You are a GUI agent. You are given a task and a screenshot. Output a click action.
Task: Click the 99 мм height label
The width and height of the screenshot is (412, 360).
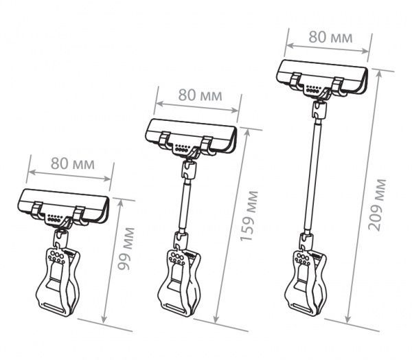click(x=126, y=249)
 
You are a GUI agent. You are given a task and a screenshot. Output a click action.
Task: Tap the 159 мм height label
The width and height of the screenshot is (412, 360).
click(x=249, y=216)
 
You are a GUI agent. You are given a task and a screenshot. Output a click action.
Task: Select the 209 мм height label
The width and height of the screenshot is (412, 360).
click(x=377, y=205)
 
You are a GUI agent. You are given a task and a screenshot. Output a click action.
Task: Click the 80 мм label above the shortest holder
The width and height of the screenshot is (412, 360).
click(x=73, y=164)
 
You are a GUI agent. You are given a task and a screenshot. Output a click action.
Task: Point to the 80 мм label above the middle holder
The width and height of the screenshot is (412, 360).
click(x=201, y=95)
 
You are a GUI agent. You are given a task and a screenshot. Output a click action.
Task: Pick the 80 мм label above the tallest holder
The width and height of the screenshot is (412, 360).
click(x=330, y=37)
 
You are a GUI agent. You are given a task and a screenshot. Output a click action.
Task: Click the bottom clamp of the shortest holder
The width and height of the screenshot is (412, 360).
click(x=58, y=282)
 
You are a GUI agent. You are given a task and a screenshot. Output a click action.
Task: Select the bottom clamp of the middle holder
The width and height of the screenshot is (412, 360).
click(x=179, y=282)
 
